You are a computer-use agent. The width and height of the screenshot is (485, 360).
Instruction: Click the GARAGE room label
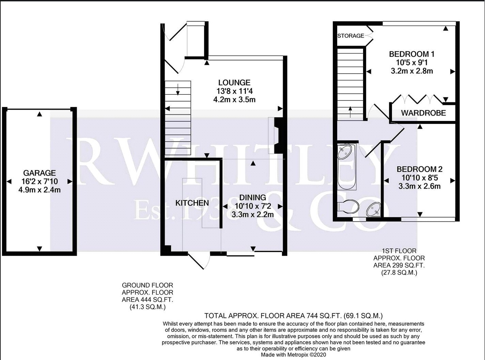pyautogui.click(x=40, y=173)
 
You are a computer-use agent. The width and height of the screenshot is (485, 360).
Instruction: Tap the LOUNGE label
pyautogui.click(x=234, y=82)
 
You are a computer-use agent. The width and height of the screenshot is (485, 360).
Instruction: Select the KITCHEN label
pyautogui.click(x=192, y=203)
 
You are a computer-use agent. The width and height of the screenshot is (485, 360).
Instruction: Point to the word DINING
pyautogui.click(x=253, y=198)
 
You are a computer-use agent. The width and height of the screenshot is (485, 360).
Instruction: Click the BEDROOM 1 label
pyautogui.click(x=412, y=54)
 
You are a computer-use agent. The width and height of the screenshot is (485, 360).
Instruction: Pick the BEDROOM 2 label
pyautogui.click(x=419, y=169)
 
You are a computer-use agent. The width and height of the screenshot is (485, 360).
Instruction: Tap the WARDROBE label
pyautogui.click(x=423, y=113)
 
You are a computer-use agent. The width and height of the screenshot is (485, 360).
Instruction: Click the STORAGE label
pyautogui.click(x=350, y=36)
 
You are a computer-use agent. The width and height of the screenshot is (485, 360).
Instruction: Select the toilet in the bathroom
pyautogui.click(x=348, y=206)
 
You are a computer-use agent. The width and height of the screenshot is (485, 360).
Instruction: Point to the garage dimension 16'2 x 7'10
pyautogui.click(x=40, y=181)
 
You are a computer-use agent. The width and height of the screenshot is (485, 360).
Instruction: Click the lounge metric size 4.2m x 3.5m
pyautogui.click(x=234, y=100)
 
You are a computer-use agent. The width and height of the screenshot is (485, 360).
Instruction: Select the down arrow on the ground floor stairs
pyautogui.click(x=178, y=89)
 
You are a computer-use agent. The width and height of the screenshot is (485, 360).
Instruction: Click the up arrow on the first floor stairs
pyautogui.click(x=350, y=112)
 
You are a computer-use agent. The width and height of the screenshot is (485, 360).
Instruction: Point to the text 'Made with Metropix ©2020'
pyautogui.click(x=294, y=355)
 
